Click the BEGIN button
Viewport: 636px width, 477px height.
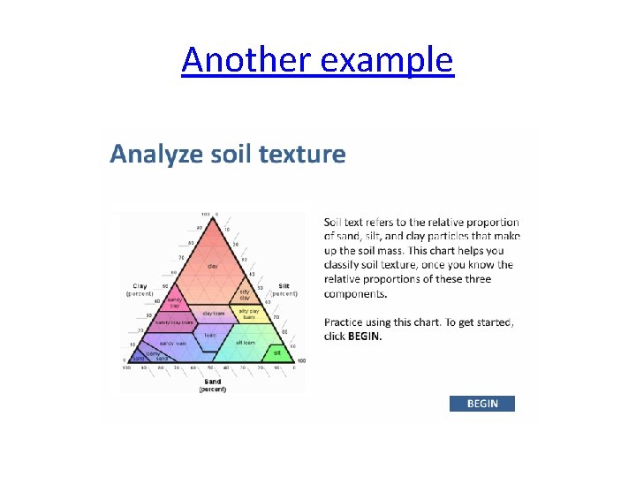tap(482, 404)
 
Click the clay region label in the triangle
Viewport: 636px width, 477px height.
tap(213, 266)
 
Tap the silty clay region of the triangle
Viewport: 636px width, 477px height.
tap(245, 294)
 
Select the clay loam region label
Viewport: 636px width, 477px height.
tap(213, 314)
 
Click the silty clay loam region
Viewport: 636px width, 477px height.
tap(249, 314)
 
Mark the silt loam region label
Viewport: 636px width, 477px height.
tap(246, 342)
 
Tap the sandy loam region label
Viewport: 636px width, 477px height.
tap(172, 343)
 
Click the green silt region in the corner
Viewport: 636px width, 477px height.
tap(277, 352)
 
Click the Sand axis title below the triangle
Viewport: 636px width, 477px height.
tap(213, 385)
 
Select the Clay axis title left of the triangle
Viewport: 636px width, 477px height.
tap(140, 286)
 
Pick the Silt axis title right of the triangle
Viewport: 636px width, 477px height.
tap(284, 286)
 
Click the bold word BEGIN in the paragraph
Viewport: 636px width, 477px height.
tap(365, 337)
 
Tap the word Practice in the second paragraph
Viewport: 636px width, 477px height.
tap(347, 322)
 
